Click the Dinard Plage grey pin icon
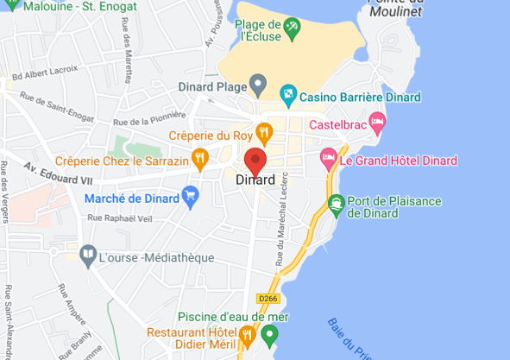[x=258, y=84]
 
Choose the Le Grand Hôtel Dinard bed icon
[x=328, y=157]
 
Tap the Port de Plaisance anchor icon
[x=336, y=205]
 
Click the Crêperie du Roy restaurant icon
[x=264, y=132]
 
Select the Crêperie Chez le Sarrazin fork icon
[x=200, y=157]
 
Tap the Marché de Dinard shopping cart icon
[x=191, y=198]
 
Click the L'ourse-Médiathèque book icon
[x=87, y=254]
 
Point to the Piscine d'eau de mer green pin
[x=270, y=333]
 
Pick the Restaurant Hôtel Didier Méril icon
[x=247, y=333]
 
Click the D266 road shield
[x=269, y=298]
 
